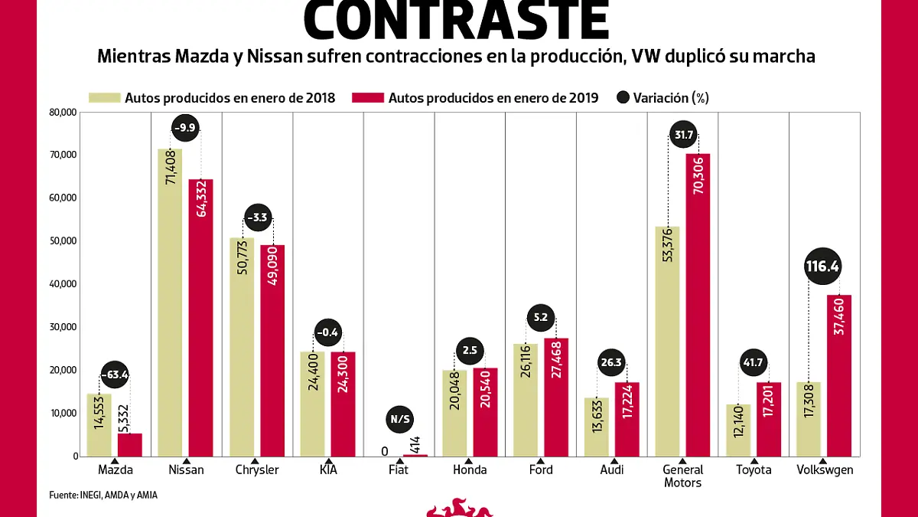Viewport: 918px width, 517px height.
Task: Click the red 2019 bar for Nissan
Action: click(201, 317)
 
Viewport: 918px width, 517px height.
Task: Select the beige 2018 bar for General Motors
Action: click(667, 341)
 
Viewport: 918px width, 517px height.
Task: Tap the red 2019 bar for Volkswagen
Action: click(839, 375)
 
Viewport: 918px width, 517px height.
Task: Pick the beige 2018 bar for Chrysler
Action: click(242, 346)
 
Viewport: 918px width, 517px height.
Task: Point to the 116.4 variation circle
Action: click(822, 267)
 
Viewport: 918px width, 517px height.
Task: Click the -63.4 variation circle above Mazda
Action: click(114, 375)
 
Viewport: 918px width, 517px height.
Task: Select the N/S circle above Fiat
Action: click(399, 419)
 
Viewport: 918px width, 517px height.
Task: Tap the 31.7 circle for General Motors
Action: click(682, 136)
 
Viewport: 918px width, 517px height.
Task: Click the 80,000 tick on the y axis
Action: click(63, 112)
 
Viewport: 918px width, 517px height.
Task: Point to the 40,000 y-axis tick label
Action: click(63, 284)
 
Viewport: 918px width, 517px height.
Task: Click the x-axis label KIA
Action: click(327, 470)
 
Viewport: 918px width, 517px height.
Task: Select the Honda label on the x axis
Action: click(470, 470)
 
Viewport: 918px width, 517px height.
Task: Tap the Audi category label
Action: click(612, 470)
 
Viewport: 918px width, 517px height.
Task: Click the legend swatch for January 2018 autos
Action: click(104, 97)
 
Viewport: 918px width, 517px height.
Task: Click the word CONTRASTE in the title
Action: click(457, 21)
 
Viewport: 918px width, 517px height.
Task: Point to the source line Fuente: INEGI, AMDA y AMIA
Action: click(103, 496)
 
